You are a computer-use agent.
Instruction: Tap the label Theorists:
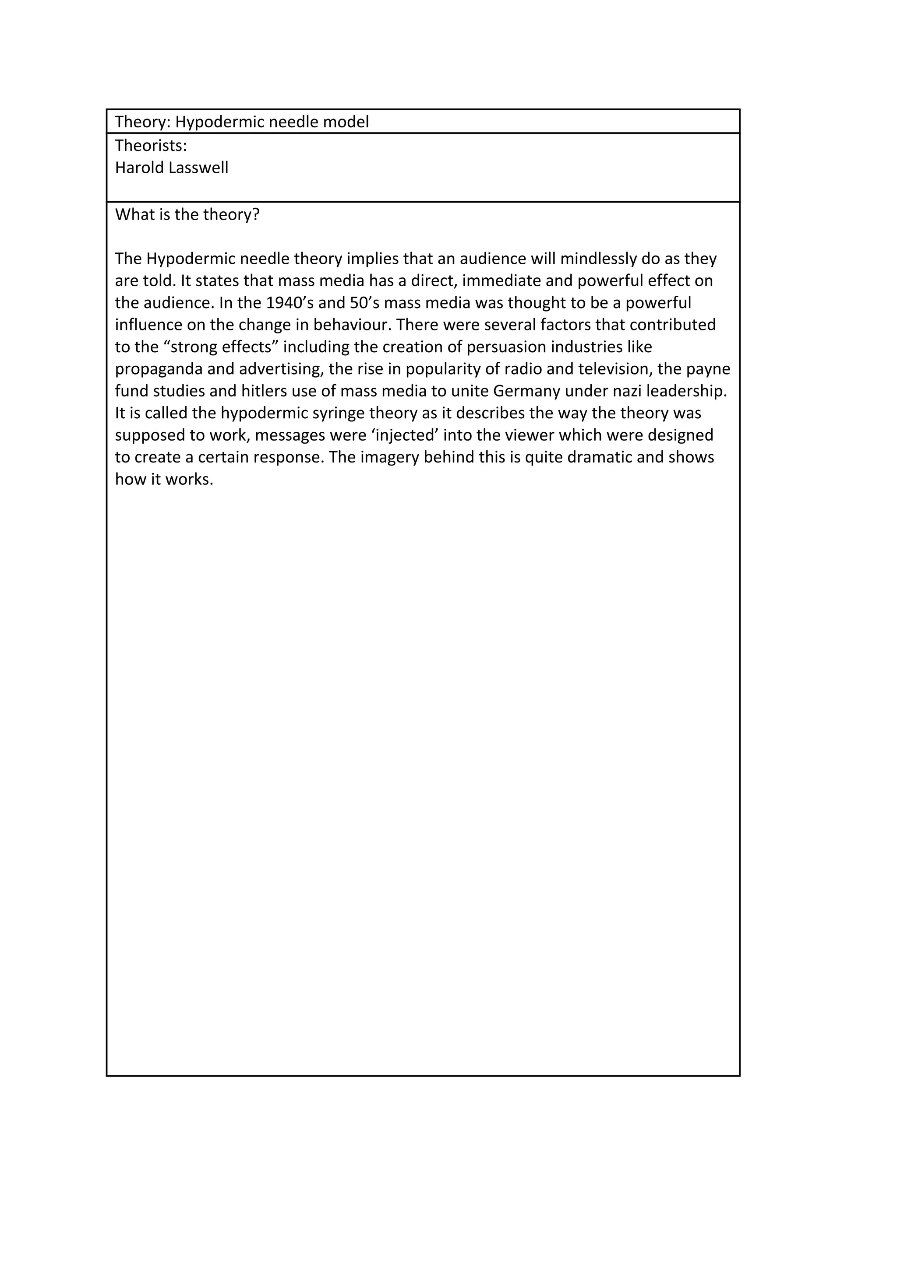point(151,146)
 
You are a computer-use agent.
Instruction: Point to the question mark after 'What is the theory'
point(256,215)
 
